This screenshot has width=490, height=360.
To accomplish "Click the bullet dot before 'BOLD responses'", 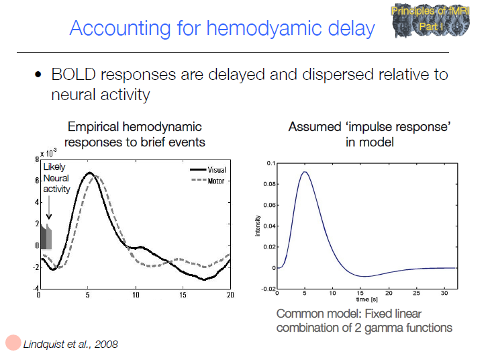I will coord(40,75).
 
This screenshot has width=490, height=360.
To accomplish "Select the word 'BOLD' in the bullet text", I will coord(75,74).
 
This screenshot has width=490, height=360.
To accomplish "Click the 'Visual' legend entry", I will coord(216,170).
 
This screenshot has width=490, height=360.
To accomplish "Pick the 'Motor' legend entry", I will coord(216,181).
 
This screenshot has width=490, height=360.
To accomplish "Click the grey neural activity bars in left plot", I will coord(46,238).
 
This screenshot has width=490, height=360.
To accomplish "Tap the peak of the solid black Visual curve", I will coord(89,173).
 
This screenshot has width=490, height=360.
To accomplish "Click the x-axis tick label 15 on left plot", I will coord(183,296).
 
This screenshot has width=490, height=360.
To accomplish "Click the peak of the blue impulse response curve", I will coord(305,172).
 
